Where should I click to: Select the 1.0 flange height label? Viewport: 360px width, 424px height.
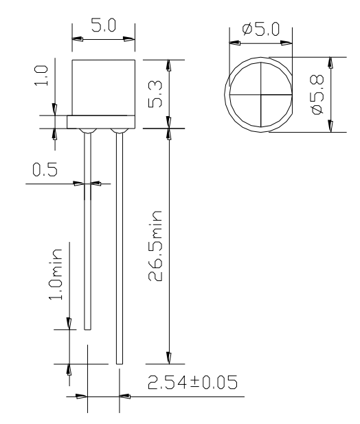42,76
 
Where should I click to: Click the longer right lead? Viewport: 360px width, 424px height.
120,247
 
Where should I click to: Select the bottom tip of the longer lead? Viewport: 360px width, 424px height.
120,362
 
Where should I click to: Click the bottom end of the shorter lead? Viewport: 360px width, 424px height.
87,328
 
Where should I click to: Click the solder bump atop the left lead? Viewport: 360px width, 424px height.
87,131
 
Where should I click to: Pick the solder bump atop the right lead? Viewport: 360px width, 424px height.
119,131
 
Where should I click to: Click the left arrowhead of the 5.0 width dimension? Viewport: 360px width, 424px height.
78,40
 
